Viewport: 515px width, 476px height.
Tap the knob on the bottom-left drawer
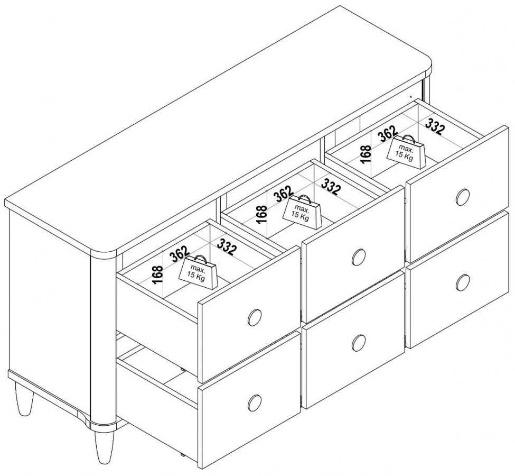255,402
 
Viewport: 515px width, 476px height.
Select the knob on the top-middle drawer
358,257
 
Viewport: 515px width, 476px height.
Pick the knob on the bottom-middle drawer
358,342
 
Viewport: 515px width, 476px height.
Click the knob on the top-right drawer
463,197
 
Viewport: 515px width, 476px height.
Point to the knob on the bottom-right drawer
463,282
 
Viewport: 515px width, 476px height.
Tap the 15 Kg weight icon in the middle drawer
302,211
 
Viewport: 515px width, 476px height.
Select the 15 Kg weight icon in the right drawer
406,151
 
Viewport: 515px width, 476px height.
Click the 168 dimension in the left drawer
158,274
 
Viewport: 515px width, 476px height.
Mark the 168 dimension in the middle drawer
262,215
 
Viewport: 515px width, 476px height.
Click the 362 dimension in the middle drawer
284,194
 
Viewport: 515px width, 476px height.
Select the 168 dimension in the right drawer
366,154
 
